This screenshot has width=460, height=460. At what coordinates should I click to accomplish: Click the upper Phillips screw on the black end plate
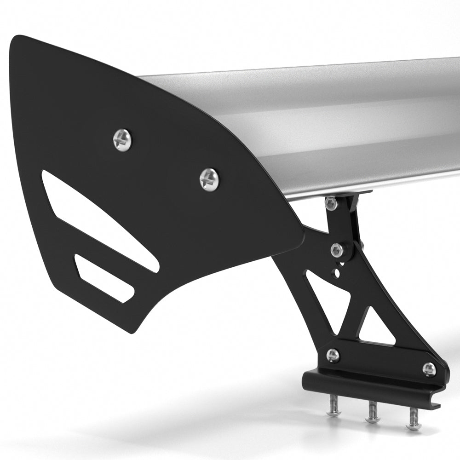pos(122,139)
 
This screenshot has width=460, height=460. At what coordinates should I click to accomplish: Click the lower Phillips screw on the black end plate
pos(209,179)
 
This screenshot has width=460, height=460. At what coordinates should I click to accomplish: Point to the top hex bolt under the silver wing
pos(330,203)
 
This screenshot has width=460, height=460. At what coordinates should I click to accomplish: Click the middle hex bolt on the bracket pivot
pos(338,250)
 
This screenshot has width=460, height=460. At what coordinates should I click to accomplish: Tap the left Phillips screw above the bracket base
pos(333,355)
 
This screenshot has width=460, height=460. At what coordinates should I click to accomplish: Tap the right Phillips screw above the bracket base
pos(429,369)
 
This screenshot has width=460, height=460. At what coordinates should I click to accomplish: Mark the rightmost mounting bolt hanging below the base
pos(413,421)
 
